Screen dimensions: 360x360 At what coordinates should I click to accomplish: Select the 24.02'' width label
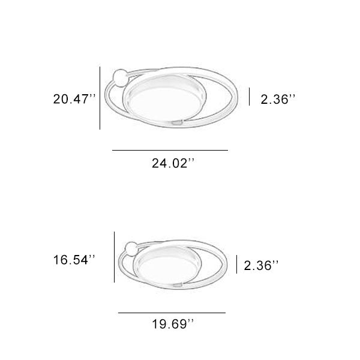click(x=173, y=163)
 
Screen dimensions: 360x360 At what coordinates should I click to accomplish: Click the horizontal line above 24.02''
click(x=170, y=149)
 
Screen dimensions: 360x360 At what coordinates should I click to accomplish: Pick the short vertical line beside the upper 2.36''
click(x=250, y=96)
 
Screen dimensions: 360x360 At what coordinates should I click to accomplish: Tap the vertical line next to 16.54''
click(x=114, y=257)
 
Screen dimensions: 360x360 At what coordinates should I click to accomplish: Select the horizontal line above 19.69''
click(x=172, y=313)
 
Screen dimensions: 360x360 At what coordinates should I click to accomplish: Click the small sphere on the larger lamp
click(x=120, y=77)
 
